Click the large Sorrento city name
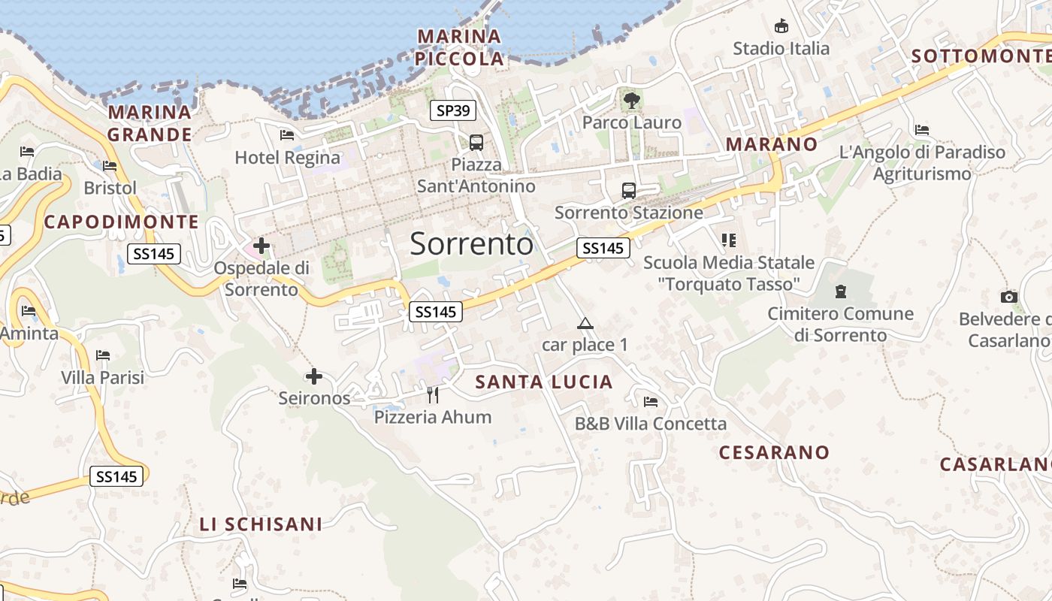(x=472, y=244)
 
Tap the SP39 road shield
(x=453, y=111)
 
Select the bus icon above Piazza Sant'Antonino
(x=476, y=142)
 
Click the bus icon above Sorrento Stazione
(x=629, y=191)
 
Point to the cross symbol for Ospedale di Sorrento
(x=261, y=245)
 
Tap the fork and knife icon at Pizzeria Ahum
(x=433, y=394)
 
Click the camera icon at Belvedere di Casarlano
(x=1009, y=297)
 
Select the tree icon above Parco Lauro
(x=631, y=99)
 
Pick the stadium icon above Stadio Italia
(x=781, y=26)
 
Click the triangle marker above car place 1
(x=585, y=324)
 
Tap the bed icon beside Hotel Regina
(x=286, y=135)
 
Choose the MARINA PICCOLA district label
(x=460, y=47)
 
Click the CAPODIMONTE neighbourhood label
(x=121, y=222)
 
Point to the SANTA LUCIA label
(x=544, y=382)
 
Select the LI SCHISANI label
(x=261, y=524)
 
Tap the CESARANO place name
(x=774, y=452)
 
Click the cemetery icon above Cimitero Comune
(x=840, y=291)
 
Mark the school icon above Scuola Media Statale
(x=727, y=240)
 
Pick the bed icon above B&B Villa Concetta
(x=651, y=402)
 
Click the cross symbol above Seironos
(x=314, y=376)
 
